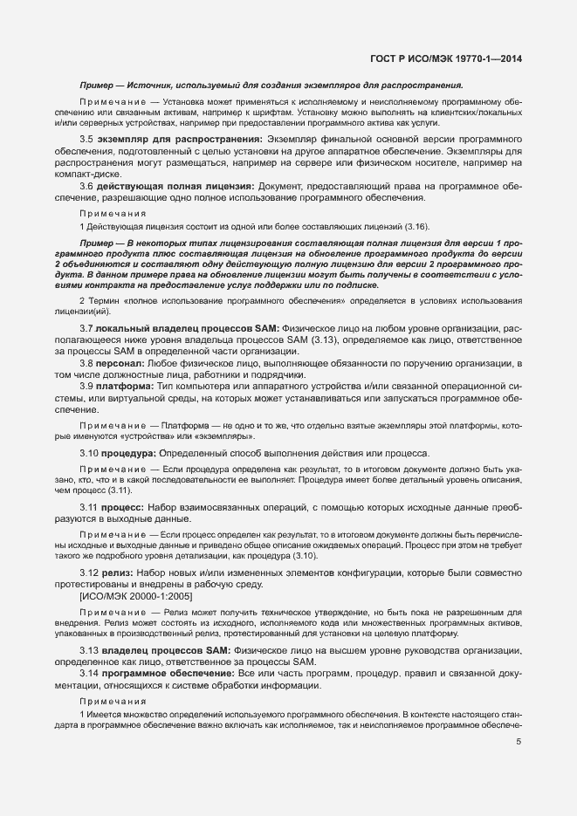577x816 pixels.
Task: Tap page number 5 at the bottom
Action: (519, 743)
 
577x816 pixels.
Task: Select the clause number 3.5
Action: (86, 140)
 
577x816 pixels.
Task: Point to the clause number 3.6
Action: (86, 186)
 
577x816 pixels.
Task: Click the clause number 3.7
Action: (86, 327)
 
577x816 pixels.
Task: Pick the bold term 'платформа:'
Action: (126, 386)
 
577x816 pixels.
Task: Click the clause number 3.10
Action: (89, 453)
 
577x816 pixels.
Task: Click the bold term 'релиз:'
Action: (119, 572)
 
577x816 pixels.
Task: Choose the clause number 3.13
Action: (89, 651)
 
